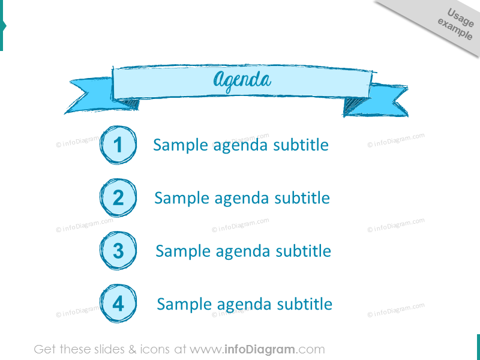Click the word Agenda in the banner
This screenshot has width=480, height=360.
point(242,81)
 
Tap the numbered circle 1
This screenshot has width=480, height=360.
point(118,145)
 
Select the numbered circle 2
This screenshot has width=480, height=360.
point(118,198)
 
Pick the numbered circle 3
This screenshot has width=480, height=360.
point(118,251)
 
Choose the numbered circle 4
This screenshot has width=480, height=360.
point(118,304)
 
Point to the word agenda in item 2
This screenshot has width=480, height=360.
point(242,199)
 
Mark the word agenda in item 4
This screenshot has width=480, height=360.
point(244,304)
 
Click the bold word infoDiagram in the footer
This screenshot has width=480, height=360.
point(260,349)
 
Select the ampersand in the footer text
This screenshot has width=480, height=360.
point(132,349)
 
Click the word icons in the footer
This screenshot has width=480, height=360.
point(155,349)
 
